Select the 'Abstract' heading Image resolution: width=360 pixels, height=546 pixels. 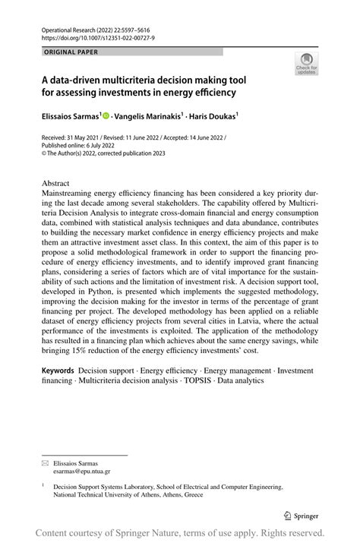tap(55, 183)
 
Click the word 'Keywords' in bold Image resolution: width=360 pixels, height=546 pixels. tap(58, 370)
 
